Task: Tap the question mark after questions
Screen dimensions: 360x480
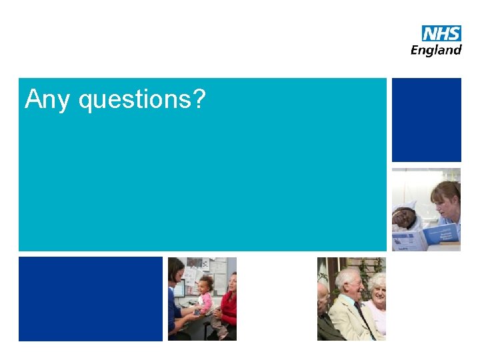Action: pos(199,99)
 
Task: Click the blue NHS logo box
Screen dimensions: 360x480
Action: pos(441,33)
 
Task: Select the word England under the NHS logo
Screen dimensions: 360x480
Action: pos(435,50)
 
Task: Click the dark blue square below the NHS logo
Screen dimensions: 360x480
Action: pos(426,120)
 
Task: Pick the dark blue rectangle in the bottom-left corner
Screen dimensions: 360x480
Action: pos(91,299)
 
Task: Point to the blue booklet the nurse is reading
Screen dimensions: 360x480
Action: pos(441,234)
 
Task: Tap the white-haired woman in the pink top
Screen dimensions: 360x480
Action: pos(378,303)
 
